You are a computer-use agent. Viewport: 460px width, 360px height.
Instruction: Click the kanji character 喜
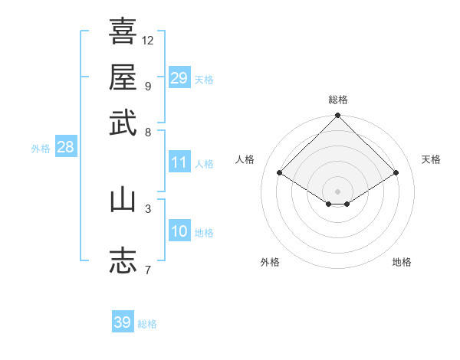point(123,32)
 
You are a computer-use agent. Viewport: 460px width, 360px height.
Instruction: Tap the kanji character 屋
point(123,78)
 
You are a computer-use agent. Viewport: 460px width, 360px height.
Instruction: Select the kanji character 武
point(123,123)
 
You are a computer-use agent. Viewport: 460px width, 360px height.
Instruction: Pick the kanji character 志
point(123,260)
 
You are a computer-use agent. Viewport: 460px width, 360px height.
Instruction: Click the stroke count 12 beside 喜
point(148,40)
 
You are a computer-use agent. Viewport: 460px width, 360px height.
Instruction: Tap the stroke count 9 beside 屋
point(148,85)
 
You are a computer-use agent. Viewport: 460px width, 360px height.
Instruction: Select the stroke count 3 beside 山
point(148,208)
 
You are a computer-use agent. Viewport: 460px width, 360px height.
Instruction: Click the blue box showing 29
point(179,78)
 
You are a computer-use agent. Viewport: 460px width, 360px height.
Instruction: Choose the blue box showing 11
point(179,162)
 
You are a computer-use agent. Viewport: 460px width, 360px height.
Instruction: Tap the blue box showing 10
point(179,231)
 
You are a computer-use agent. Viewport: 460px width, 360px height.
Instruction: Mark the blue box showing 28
point(65,148)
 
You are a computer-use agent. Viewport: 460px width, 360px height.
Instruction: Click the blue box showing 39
point(122,322)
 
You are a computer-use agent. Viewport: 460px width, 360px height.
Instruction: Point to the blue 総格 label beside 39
point(147,324)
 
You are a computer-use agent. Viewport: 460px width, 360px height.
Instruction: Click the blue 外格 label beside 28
point(41,149)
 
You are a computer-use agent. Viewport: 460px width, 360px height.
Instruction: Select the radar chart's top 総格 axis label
point(338,100)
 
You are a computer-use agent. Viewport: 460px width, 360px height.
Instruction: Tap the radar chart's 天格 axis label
point(431,159)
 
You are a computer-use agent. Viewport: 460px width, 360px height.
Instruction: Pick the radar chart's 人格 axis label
point(245,159)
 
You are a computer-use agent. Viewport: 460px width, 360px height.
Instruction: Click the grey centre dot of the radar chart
point(338,191)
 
